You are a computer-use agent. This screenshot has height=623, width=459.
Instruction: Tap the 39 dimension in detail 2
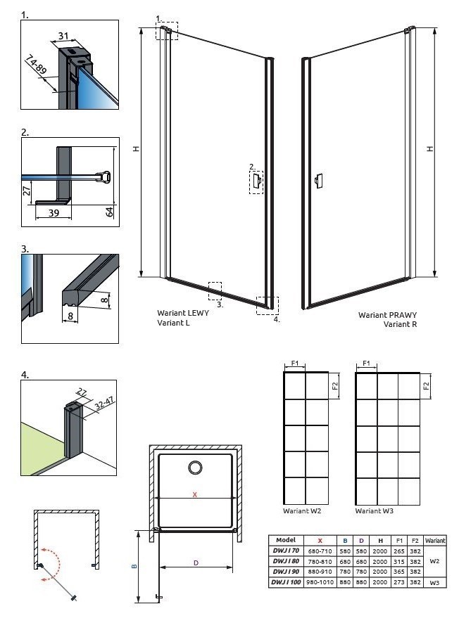point(54,213)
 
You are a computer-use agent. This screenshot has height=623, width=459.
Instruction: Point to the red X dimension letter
point(195,494)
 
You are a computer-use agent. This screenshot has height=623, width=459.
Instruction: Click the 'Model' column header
point(285,540)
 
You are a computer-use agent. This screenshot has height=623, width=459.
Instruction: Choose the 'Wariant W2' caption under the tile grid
point(302,511)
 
